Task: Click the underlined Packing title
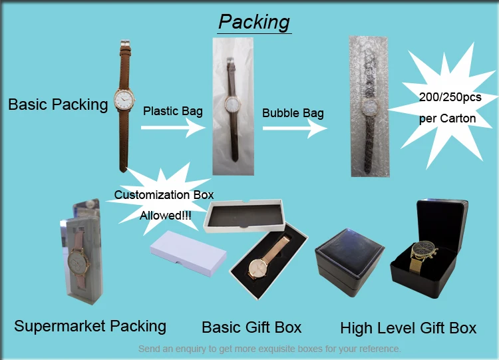254,21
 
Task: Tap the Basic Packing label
58,104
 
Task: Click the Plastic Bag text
173,110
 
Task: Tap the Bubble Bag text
293,112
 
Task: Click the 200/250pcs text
450,97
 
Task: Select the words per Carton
447,118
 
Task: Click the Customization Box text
164,195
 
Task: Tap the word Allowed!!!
164,216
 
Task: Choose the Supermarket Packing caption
90,326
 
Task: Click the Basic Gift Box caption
251,327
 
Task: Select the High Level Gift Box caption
408,328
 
